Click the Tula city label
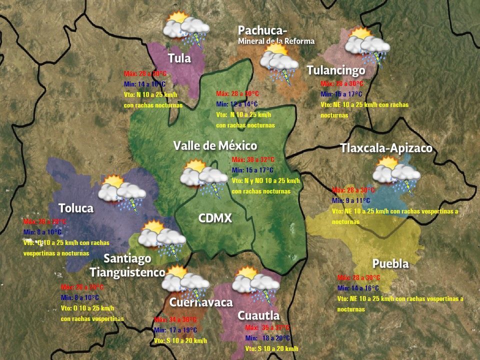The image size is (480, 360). (179, 58)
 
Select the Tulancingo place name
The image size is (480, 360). (335, 70)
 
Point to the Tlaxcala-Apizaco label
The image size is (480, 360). (385, 148)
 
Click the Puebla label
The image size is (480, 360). (390, 263)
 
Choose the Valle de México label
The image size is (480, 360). (215, 145)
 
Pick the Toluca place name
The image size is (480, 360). (76, 207)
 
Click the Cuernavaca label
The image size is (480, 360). (201, 302)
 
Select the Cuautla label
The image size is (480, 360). (258, 315)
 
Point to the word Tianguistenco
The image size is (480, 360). (127, 272)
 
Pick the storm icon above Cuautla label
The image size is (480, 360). (256, 284)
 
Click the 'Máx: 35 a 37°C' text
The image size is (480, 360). (267, 327)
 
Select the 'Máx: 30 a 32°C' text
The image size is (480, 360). (253, 159)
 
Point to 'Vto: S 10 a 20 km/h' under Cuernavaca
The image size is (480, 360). (180, 340)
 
